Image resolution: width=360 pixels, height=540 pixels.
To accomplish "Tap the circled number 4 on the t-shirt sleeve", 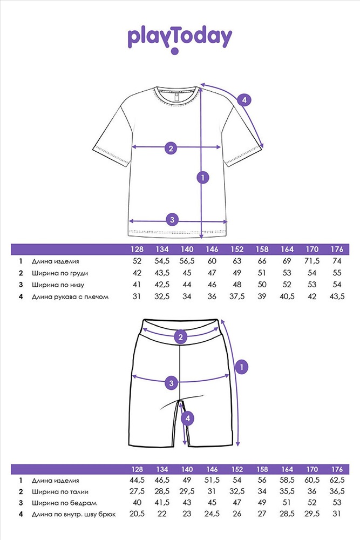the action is (x=244, y=100).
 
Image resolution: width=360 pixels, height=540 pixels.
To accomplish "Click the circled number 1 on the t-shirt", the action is (x=203, y=177).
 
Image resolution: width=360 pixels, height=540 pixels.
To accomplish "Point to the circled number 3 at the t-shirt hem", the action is (x=172, y=220).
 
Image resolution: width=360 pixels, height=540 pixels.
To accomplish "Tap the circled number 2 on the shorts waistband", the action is (x=181, y=337).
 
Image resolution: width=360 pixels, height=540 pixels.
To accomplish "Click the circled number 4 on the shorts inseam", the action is (x=188, y=418).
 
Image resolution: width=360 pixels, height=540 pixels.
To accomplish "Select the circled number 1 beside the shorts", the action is (x=242, y=367).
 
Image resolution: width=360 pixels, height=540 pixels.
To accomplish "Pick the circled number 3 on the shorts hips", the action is (x=172, y=382).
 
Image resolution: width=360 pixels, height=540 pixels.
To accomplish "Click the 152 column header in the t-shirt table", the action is (x=237, y=249).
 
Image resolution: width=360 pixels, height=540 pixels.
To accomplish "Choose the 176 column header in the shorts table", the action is (x=337, y=469).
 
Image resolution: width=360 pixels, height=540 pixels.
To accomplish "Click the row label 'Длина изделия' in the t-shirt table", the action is (x=56, y=261).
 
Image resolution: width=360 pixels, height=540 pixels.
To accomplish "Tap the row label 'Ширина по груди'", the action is (x=60, y=273).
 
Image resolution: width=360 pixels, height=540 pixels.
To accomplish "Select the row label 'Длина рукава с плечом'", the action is (x=70, y=296).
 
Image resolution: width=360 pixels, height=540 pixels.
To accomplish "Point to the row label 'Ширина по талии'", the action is (x=60, y=492).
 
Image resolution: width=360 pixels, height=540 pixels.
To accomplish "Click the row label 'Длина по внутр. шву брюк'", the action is (x=73, y=515).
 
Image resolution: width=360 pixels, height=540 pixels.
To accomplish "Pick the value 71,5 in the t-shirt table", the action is (x=312, y=261).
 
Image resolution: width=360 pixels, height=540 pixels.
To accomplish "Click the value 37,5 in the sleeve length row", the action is (x=237, y=296).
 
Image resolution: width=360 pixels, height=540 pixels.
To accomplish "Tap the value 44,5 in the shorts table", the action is (x=137, y=480).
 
